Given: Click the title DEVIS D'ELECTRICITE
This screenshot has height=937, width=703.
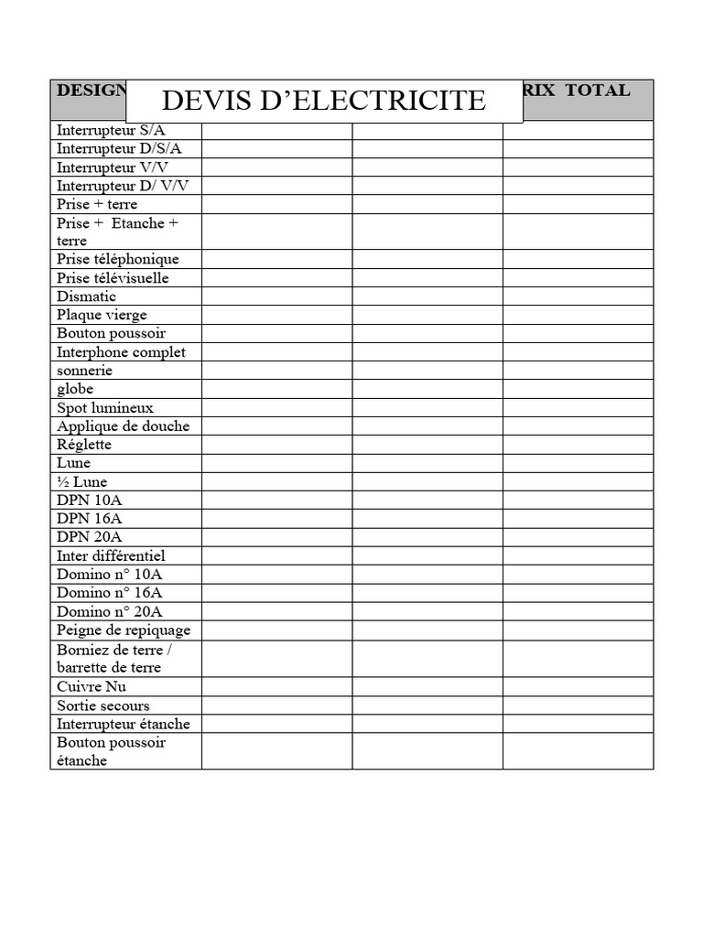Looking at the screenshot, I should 323,100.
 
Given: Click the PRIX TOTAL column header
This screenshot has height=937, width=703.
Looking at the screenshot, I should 577,91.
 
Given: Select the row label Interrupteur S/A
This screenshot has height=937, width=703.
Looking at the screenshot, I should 111,130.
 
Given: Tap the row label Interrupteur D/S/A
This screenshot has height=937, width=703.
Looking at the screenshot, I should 119,148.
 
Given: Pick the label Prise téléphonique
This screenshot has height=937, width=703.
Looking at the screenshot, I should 117,259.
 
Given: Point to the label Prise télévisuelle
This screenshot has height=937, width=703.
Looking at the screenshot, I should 113,277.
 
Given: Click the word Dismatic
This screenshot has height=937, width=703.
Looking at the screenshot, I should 86,296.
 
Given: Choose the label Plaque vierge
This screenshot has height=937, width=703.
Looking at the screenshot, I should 102,315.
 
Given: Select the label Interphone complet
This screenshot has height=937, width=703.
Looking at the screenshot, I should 121,352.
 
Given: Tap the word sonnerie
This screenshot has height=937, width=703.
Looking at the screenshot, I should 84,371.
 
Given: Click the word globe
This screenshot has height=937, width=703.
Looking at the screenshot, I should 75,389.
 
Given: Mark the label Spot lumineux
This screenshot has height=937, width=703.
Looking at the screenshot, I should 104,407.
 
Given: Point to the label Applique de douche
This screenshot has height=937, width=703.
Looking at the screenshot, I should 123,426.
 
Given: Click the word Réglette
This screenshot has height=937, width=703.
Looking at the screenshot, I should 84,445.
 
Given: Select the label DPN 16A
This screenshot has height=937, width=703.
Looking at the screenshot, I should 89,519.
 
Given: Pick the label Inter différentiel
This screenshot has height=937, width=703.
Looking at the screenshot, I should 111,555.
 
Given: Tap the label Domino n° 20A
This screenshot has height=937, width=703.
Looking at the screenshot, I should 109,611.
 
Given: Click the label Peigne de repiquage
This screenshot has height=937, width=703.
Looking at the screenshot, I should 124,630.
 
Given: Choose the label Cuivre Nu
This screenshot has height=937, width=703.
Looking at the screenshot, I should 92,686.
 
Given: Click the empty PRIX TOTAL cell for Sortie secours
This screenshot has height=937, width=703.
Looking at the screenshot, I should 578,705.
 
